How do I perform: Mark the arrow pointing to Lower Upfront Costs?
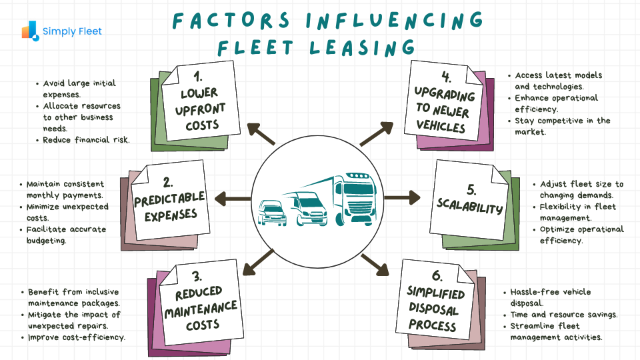pos(260,133)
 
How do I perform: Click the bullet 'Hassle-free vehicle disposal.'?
pos(551,297)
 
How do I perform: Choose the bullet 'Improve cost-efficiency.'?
pos(77,337)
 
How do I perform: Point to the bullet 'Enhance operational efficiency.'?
pos(556,103)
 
